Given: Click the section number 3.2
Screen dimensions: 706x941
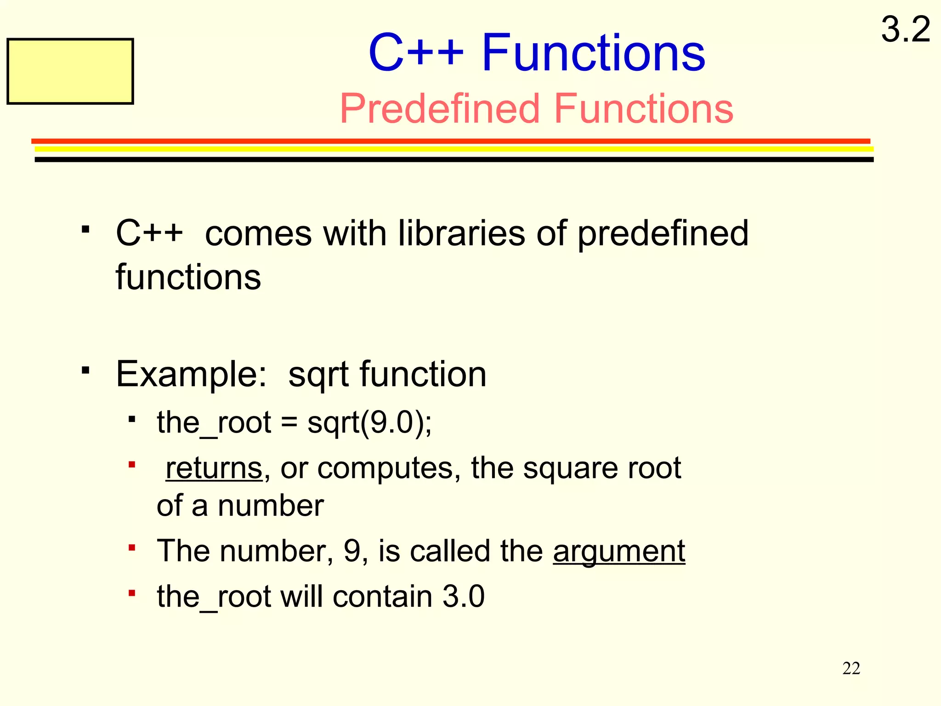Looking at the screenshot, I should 905,29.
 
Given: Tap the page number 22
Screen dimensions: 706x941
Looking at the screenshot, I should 851,668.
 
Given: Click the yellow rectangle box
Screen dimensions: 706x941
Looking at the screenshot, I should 70,71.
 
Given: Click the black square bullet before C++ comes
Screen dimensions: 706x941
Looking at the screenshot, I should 85,229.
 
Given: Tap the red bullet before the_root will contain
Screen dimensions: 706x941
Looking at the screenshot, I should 132,593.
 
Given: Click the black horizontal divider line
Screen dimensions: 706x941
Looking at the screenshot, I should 454,159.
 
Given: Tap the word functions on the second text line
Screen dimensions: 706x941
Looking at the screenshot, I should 188,277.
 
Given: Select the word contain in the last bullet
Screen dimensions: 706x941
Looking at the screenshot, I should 382,597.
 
